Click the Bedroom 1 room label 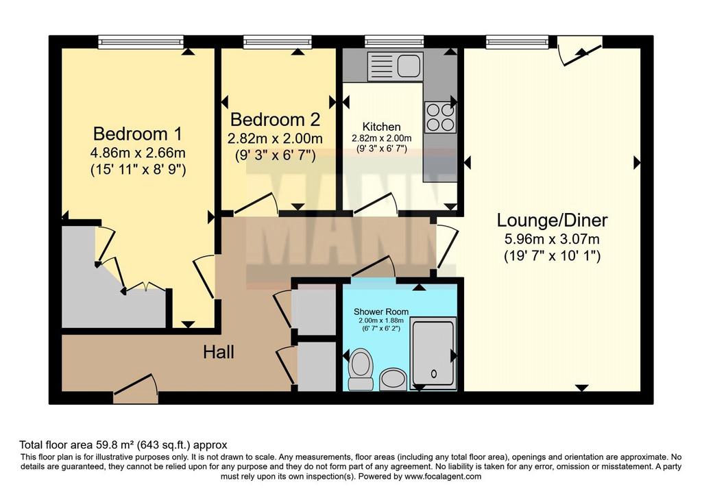138,134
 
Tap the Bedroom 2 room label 275,119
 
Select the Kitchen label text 381,127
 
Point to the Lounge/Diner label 552,221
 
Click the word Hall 219,353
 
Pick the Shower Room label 381,312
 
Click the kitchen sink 394,66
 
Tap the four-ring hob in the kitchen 441,118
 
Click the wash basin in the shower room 394,379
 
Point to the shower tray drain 433,373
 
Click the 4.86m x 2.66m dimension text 138,153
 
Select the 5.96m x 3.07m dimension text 552,239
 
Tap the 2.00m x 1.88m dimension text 381,320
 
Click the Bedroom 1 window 141,42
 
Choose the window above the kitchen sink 394,42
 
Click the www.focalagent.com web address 443,476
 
